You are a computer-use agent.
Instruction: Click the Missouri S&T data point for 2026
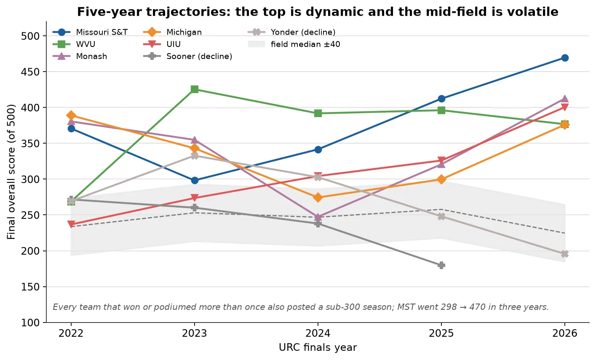pyautogui.click(x=565, y=58)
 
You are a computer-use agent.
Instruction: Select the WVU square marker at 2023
pyautogui.click(x=195, y=89)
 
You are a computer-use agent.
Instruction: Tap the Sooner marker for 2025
pyautogui.click(x=441, y=265)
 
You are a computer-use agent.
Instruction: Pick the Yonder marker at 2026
pyautogui.click(x=565, y=254)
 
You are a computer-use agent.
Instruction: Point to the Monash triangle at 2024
pyautogui.click(x=318, y=217)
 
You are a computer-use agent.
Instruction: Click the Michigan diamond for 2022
pyautogui.click(x=71, y=115)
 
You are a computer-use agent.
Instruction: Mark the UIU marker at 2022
pyautogui.click(x=71, y=224)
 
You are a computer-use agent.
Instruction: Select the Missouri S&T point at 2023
pyautogui.click(x=195, y=180)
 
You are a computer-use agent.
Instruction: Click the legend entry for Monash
pyautogui.click(x=80, y=56)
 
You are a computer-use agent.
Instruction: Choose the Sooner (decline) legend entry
pyautogui.click(x=188, y=56)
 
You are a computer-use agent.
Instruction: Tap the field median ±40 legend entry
pyautogui.click(x=294, y=44)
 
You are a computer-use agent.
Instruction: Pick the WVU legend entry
pyautogui.click(x=74, y=44)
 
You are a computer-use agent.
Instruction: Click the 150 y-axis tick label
pyautogui.click(x=30, y=287)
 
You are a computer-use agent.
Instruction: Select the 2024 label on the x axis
pyautogui.click(x=318, y=333)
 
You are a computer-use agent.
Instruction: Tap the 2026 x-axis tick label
pyautogui.click(x=565, y=333)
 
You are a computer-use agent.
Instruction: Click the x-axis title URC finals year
pyautogui.click(x=318, y=347)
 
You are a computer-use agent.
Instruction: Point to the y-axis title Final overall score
pyautogui.click(x=11, y=172)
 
